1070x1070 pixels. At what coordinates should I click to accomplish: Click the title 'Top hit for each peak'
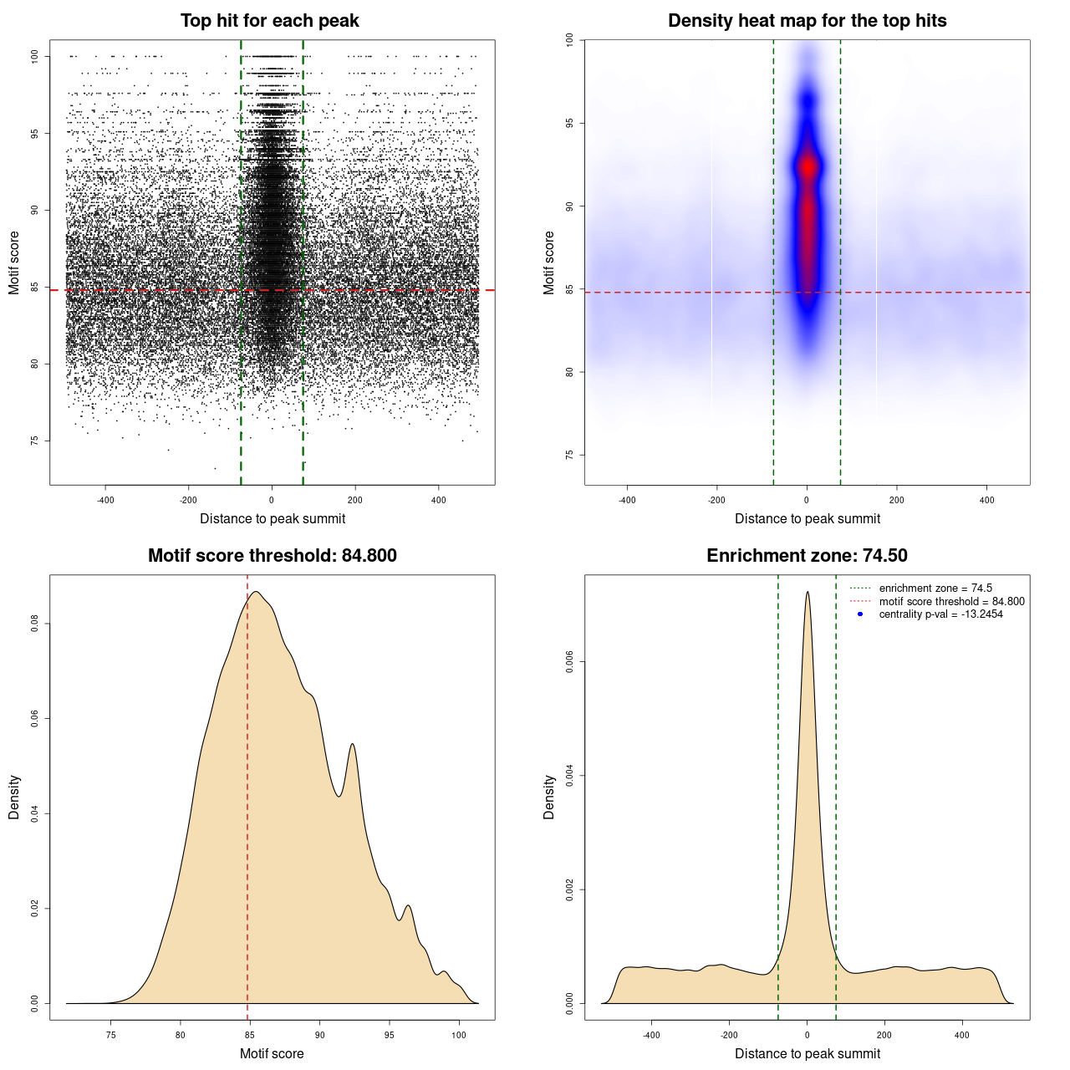(x=269, y=21)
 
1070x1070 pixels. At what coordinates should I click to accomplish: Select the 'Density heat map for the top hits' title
(x=807, y=21)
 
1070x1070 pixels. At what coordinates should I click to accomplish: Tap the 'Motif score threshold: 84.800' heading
(x=272, y=556)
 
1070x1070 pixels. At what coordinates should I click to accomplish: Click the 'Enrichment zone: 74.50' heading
(x=807, y=556)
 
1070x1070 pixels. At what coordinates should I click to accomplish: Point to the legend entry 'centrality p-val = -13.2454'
(x=940, y=614)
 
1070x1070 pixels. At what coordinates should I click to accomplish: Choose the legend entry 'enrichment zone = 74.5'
(x=935, y=588)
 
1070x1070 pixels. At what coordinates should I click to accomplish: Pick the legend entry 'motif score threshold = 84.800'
(x=951, y=602)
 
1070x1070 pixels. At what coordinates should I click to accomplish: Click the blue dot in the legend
(x=860, y=614)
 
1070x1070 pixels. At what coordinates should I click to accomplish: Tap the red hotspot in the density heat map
(x=808, y=166)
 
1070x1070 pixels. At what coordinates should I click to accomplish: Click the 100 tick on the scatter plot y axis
(x=35, y=56)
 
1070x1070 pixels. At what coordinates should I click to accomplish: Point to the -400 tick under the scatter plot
(x=105, y=500)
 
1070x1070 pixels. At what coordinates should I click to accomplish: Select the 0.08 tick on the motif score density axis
(x=35, y=624)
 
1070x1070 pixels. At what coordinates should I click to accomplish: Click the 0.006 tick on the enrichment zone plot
(x=570, y=662)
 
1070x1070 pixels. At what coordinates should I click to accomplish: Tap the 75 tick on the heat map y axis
(x=570, y=455)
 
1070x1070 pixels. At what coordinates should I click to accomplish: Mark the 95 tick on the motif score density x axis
(x=389, y=1035)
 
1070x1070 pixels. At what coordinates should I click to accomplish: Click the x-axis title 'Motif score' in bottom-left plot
(x=272, y=1053)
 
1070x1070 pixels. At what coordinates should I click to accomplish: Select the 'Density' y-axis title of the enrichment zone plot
(x=549, y=797)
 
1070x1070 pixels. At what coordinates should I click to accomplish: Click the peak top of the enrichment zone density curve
(x=808, y=593)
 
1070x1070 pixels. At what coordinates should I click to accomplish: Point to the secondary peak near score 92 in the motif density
(x=353, y=744)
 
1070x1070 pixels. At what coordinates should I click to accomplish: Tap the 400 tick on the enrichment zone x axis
(x=962, y=1035)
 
